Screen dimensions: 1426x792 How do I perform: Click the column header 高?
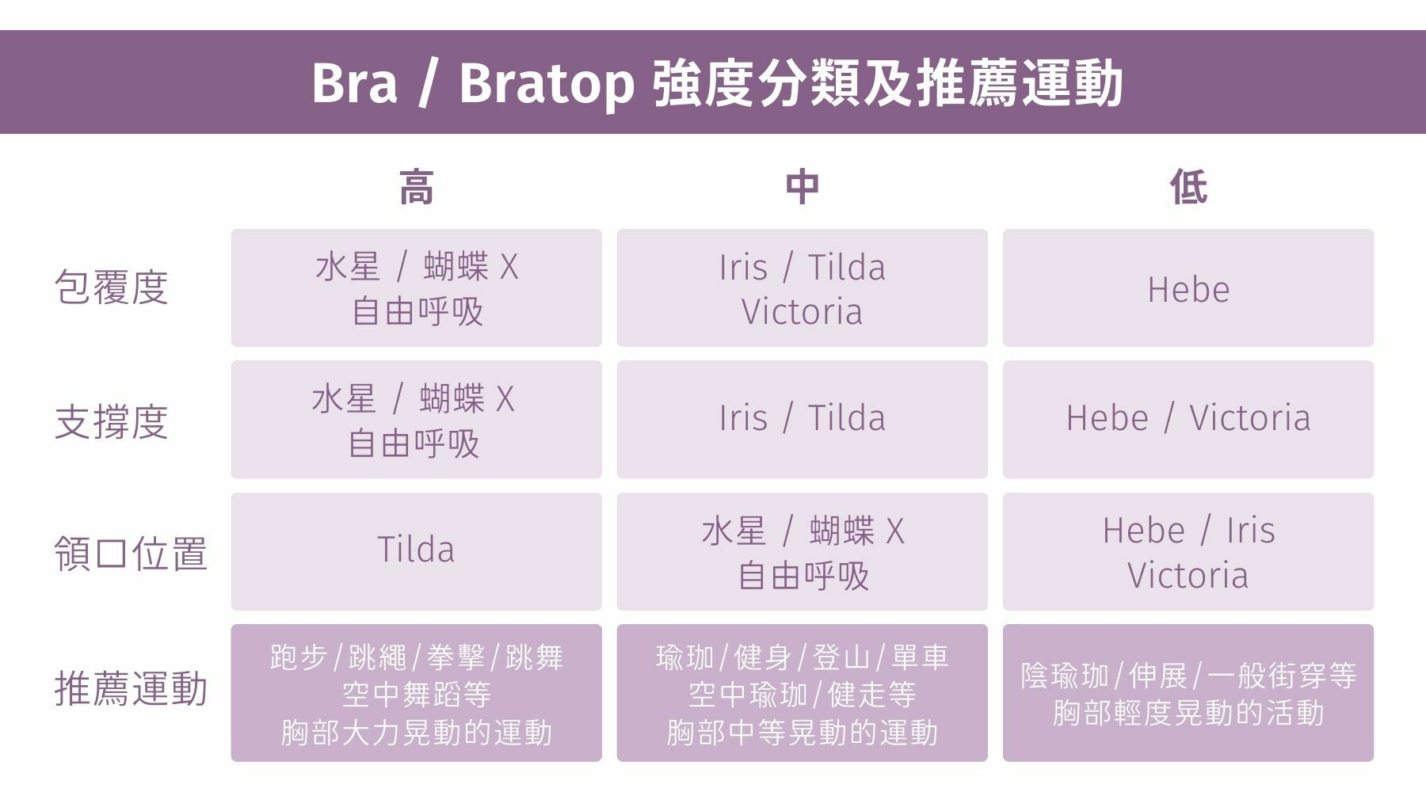(417, 188)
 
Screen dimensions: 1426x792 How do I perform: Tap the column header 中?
(802, 188)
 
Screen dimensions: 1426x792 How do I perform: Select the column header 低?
(1188, 188)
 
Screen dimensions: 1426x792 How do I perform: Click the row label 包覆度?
(111, 287)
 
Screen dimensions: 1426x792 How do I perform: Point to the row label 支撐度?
(111, 421)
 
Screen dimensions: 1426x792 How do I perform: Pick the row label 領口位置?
(131, 554)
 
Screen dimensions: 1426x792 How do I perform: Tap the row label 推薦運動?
(131, 688)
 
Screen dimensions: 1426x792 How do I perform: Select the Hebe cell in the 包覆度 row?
(1188, 288)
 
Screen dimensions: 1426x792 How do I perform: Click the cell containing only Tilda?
(417, 552)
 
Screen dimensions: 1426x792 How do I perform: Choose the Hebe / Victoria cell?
(1188, 420)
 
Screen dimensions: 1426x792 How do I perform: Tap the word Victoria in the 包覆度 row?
(802, 311)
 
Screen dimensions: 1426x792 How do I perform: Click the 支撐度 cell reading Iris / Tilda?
(802, 420)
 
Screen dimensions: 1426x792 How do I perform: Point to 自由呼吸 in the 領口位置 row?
(803, 576)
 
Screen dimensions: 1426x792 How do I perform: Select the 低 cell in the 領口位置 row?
(1188, 552)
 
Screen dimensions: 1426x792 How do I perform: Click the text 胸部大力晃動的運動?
(417, 733)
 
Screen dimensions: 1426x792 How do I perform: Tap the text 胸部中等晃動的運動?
(803, 733)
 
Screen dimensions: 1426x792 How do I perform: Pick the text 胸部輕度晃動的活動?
(1188, 713)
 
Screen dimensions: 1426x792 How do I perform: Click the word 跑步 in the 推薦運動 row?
(298, 657)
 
